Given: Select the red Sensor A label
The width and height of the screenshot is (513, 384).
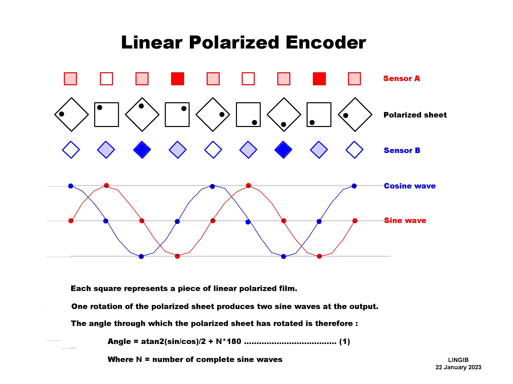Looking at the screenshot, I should click(402, 78).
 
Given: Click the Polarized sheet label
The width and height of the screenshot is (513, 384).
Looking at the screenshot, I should click(415, 115).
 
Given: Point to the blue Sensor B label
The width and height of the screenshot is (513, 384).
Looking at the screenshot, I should click(402, 150).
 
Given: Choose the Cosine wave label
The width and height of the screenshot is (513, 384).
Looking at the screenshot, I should click(410, 186).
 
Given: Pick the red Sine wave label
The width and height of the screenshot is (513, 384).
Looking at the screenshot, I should click(405, 220).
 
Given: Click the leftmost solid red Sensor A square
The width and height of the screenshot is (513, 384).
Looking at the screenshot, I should click(177, 79).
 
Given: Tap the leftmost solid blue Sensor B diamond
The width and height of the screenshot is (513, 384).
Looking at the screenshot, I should click(142, 150).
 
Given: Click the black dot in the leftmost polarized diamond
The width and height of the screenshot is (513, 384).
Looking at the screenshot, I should click(62, 114).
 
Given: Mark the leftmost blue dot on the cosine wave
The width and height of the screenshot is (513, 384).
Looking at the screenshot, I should click(71, 186).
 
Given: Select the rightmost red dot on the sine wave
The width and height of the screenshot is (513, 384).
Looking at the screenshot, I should click(355, 221).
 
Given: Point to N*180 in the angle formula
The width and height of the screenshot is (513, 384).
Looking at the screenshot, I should click(228, 341).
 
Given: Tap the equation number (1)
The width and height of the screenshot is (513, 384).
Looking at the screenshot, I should click(344, 341).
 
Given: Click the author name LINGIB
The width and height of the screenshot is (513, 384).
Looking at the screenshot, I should click(458, 360).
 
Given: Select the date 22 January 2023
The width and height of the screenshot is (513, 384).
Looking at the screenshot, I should click(458, 367).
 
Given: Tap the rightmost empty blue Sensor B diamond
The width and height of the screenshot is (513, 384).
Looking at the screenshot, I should click(354, 150).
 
